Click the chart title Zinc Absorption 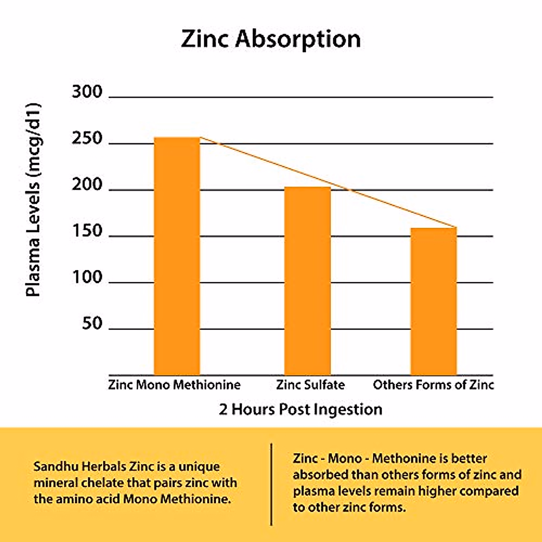(271, 39)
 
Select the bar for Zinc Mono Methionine (177, 256)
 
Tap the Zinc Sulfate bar (307, 280)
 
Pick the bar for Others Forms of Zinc (434, 301)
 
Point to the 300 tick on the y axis (87, 92)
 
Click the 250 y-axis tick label (87, 138)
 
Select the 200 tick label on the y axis (87, 185)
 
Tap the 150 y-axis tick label (87, 231)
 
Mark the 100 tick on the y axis (87, 277)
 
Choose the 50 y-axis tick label (92, 323)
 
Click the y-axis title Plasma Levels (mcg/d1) (33, 200)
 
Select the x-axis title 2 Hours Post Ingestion (301, 409)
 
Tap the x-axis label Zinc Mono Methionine (174, 385)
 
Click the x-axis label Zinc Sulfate (310, 385)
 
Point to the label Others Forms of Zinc (433, 385)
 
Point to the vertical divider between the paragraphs (271, 484)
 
